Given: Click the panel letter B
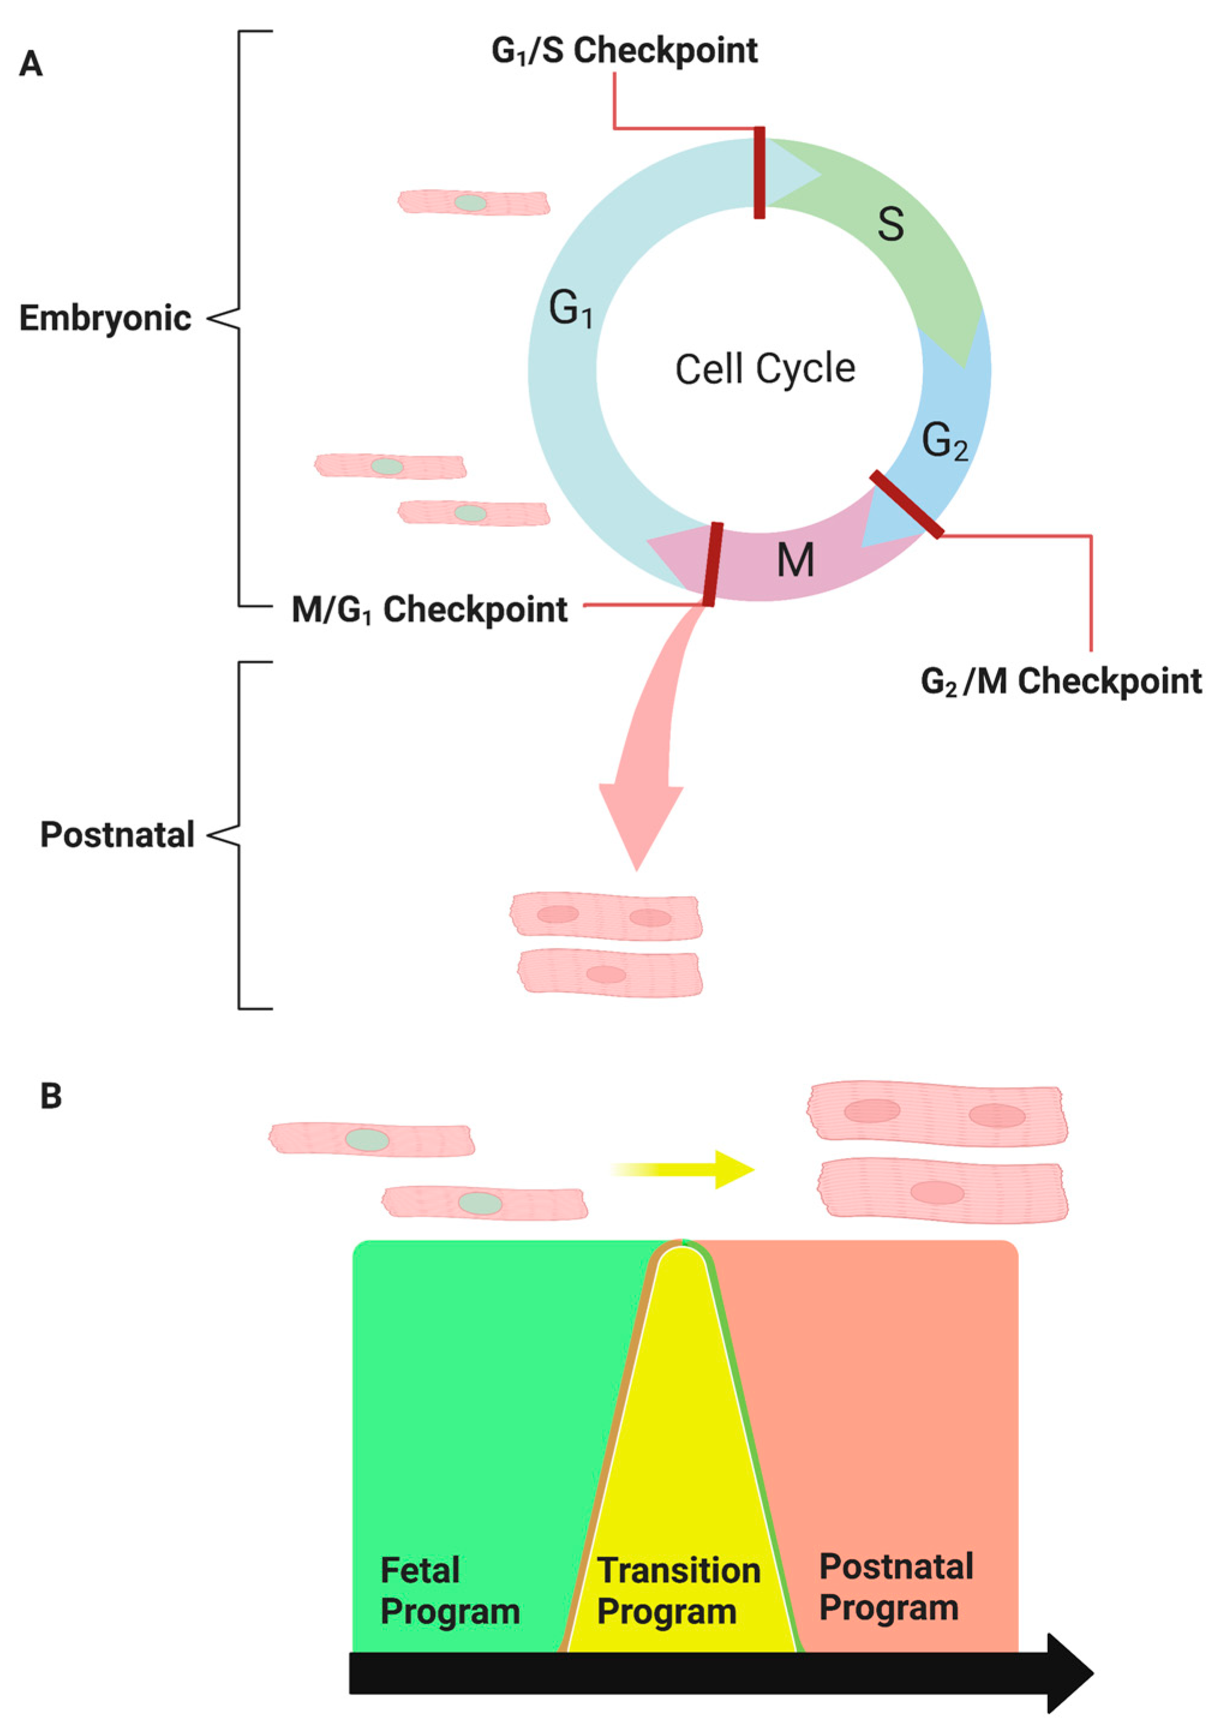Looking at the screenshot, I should coord(50,1096).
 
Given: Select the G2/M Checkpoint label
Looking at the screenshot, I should coord(1060,682).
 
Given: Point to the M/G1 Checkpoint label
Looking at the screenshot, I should coord(429,609).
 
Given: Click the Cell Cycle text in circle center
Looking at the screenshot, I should coord(764,369).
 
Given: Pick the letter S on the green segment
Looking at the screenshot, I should coord(890,224).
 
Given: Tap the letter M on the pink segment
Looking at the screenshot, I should coord(794,561).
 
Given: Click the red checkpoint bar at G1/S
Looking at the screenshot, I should coord(759,173).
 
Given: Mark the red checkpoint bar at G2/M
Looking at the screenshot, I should coord(906,505).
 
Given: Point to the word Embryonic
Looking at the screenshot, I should coord(105,318).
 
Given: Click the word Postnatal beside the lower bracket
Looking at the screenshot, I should coord(117,835).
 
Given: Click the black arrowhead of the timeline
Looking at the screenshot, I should coord(1069,1673).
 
